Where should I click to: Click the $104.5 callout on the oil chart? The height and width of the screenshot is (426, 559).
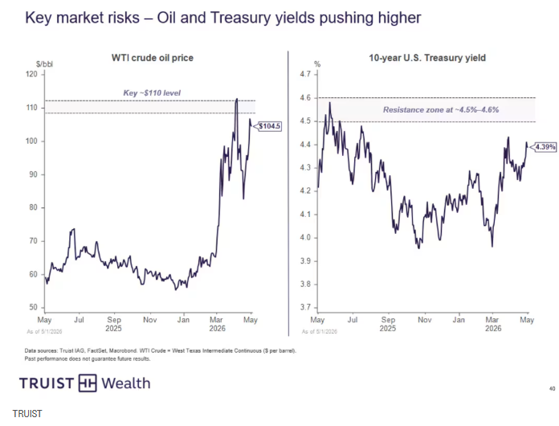tap(270, 126)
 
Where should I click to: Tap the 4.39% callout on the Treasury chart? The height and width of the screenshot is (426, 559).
tap(545, 146)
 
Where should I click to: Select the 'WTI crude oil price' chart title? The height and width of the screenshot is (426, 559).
tap(153, 58)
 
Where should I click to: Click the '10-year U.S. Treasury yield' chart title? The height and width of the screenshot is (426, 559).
tap(427, 58)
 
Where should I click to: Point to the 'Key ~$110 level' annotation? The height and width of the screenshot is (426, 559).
tap(152, 92)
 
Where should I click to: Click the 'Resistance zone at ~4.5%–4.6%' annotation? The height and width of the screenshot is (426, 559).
tap(441, 109)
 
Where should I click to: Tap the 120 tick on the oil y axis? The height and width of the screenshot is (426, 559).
tap(32, 74)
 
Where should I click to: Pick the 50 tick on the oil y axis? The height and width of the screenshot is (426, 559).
tap(33, 307)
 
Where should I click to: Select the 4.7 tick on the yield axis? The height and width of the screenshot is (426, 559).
tap(305, 74)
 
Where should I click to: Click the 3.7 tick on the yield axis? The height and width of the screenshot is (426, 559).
tap(305, 307)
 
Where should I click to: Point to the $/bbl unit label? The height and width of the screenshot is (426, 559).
tap(44, 64)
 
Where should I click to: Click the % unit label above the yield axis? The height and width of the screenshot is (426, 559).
tap(317, 64)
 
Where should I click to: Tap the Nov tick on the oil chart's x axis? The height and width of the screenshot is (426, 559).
tap(149, 320)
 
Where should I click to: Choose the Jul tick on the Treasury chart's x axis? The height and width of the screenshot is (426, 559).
tap(353, 320)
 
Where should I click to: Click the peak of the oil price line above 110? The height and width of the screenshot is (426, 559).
tap(237, 99)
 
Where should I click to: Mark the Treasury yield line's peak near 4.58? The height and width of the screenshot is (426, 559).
tap(330, 103)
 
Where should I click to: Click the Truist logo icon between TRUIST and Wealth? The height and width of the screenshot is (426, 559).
tap(88, 383)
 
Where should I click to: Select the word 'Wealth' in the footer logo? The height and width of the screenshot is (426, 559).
tap(126, 383)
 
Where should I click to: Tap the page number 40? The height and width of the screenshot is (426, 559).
tap(552, 388)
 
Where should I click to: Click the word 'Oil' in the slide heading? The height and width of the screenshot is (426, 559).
tap(166, 18)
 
